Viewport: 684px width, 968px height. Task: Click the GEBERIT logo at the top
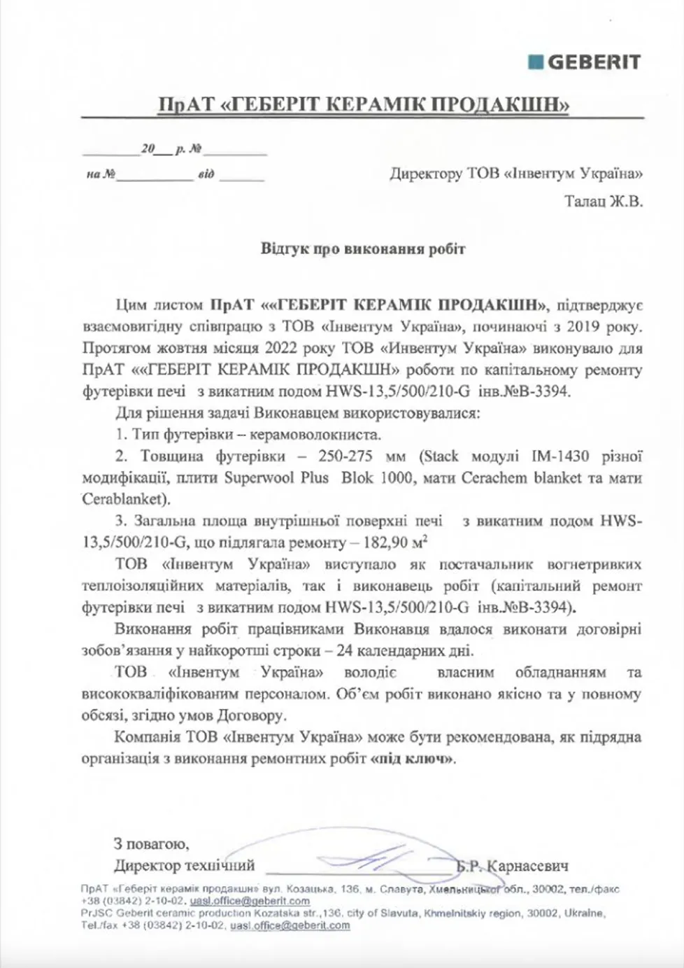click(585, 62)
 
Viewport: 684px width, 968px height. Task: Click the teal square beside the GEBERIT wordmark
click(536, 62)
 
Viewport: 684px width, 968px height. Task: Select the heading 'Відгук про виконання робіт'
click(362, 249)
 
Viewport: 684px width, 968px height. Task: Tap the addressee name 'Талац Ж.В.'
click(604, 202)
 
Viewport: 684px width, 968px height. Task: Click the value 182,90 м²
click(390, 542)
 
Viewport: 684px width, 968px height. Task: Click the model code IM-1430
click(561, 456)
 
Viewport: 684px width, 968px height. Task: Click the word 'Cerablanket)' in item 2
click(125, 500)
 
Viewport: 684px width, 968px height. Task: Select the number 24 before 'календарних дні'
click(343, 650)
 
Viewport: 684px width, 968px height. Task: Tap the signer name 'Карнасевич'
click(527, 866)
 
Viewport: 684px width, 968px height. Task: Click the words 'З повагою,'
click(151, 844)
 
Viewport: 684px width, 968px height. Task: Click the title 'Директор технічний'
click(184, 866)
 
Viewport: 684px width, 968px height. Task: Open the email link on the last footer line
click(290, 925)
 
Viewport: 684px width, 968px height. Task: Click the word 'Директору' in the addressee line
click(426, 173)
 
